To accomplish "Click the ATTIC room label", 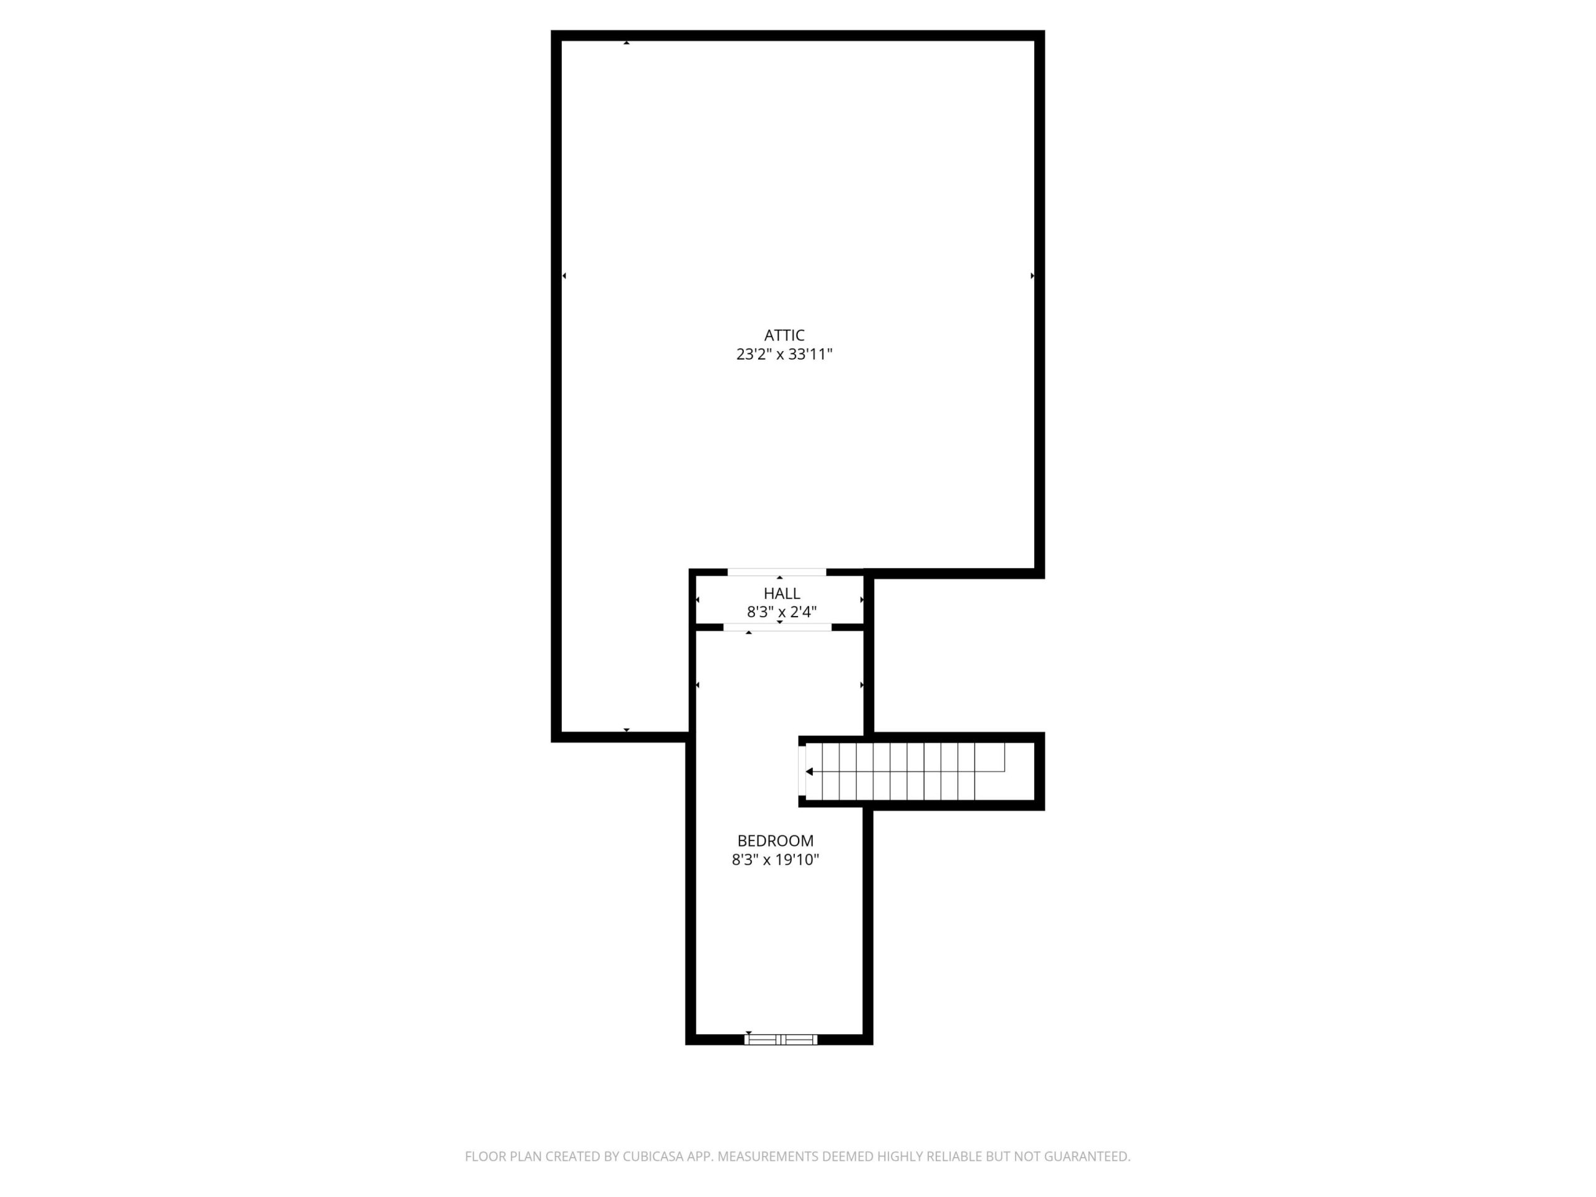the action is (784, 335).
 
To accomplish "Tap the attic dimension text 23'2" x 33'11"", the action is (784, 354).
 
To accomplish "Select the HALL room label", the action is (782, 594).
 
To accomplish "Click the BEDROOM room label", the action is (776, 841).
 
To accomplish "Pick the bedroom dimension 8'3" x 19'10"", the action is (776, 860).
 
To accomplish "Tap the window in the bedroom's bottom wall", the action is (781, 1040).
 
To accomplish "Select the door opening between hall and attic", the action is (777, 572).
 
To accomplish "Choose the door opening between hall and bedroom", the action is (778, 628).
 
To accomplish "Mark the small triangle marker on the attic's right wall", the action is (1032, 276).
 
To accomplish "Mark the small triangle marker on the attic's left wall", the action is (564, 276).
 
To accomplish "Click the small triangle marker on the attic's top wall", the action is (627, 42).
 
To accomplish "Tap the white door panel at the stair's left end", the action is (802, 771).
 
